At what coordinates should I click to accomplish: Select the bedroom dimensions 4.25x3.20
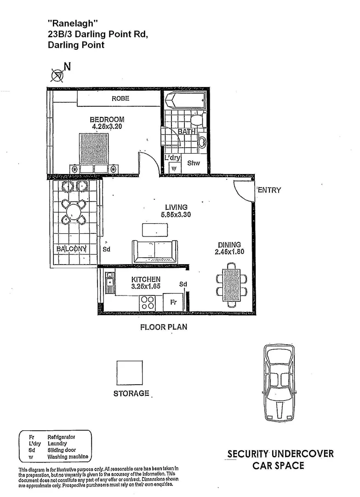[x=107, y=126]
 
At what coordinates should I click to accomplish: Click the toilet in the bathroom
[x=197, y=121]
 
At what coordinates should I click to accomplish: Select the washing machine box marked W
[x=173, y=168]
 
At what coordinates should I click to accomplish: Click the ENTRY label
[x=269, y=190]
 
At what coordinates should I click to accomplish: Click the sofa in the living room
[x=155, y=251]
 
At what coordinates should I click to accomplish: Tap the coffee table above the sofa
[x=155, y=229]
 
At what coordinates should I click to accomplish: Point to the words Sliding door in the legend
[x=62, y=450]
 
